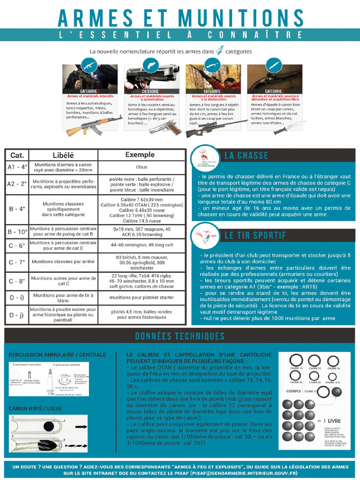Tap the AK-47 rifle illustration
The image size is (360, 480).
93,125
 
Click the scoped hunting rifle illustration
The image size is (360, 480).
216,127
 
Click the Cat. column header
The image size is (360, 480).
17,155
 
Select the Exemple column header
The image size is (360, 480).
140,155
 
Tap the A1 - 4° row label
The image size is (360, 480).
17,167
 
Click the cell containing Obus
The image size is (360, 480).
141,167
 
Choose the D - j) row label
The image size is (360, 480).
17,315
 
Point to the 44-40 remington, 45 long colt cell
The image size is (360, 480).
142,245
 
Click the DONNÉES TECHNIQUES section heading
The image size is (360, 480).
180,336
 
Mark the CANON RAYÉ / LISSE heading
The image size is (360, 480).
35,408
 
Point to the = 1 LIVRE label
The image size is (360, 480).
334,420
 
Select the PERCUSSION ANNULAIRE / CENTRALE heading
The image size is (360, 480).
57,355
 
